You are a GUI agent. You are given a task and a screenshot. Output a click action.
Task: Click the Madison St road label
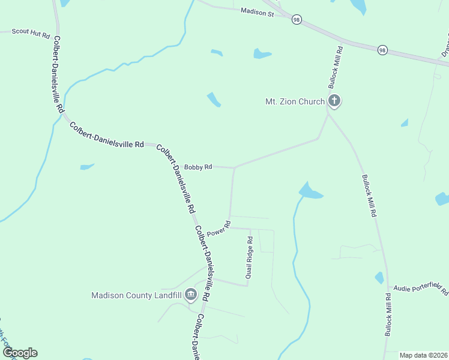(257, 11)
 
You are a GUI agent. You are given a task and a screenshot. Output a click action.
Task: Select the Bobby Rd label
(198, 167)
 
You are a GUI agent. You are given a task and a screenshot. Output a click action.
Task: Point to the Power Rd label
(218, 229)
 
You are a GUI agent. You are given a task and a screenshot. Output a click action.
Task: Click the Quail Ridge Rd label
(249, 257)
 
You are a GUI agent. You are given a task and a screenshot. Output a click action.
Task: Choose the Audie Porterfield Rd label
(421, 289)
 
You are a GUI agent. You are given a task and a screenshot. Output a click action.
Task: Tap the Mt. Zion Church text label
(295, 101)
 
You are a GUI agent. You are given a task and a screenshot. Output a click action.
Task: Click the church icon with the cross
(334, 101)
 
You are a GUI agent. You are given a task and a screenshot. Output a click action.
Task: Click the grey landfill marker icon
(191, 294)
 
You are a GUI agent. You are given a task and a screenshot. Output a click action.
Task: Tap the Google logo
(20, 353)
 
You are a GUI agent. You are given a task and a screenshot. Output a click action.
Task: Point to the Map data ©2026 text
(423, 355)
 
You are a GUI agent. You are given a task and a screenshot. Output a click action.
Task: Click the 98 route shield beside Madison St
(297, 20)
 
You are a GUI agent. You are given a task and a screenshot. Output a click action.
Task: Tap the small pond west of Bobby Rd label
(87, 166)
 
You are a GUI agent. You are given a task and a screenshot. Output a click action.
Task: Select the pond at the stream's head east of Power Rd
(309, 191)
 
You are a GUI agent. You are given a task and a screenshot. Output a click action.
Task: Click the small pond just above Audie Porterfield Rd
(379, 278)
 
